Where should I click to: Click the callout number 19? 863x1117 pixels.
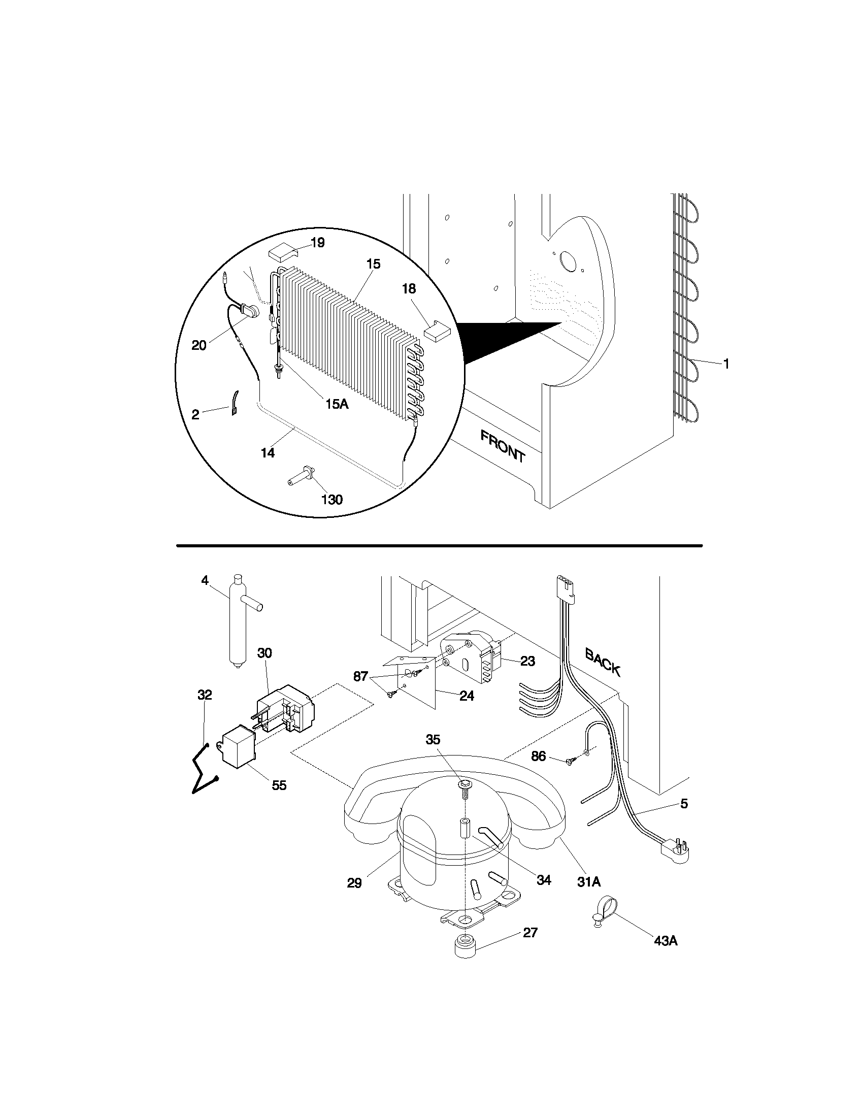[317, 242]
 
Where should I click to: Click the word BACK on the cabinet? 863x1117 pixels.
[603, 662]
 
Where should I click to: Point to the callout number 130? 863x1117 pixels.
[332, 499]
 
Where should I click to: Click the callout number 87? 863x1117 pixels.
[360, 676]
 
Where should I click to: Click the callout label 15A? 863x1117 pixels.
[337, 404]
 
